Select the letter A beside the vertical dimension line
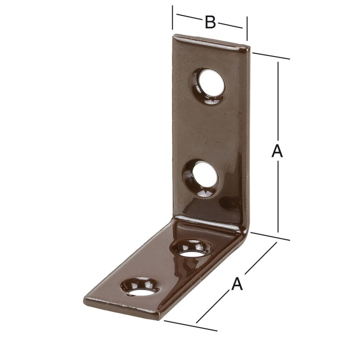[x=277, y=151]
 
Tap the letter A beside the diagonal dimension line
[x=237, y=284]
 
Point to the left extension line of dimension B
[x=173, y=17]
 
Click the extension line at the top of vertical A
[x=271, y=55]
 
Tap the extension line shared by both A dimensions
[x=270, y=236]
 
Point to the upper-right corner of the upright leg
[x=248, y=46]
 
